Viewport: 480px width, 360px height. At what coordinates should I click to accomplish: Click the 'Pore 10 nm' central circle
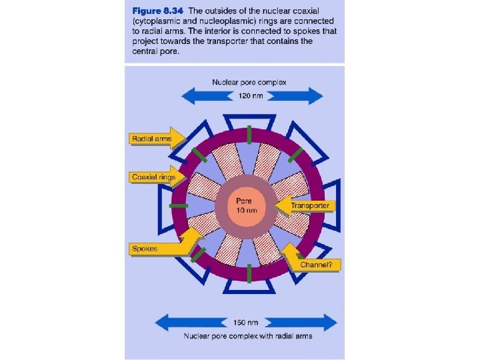click(246, 205)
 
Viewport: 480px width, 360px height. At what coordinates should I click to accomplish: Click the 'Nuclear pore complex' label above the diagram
click(249, 83)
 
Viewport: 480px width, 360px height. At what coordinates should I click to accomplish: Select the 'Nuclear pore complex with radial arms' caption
click(248, 335)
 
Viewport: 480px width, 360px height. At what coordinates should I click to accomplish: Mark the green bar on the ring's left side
click(178, 205)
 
